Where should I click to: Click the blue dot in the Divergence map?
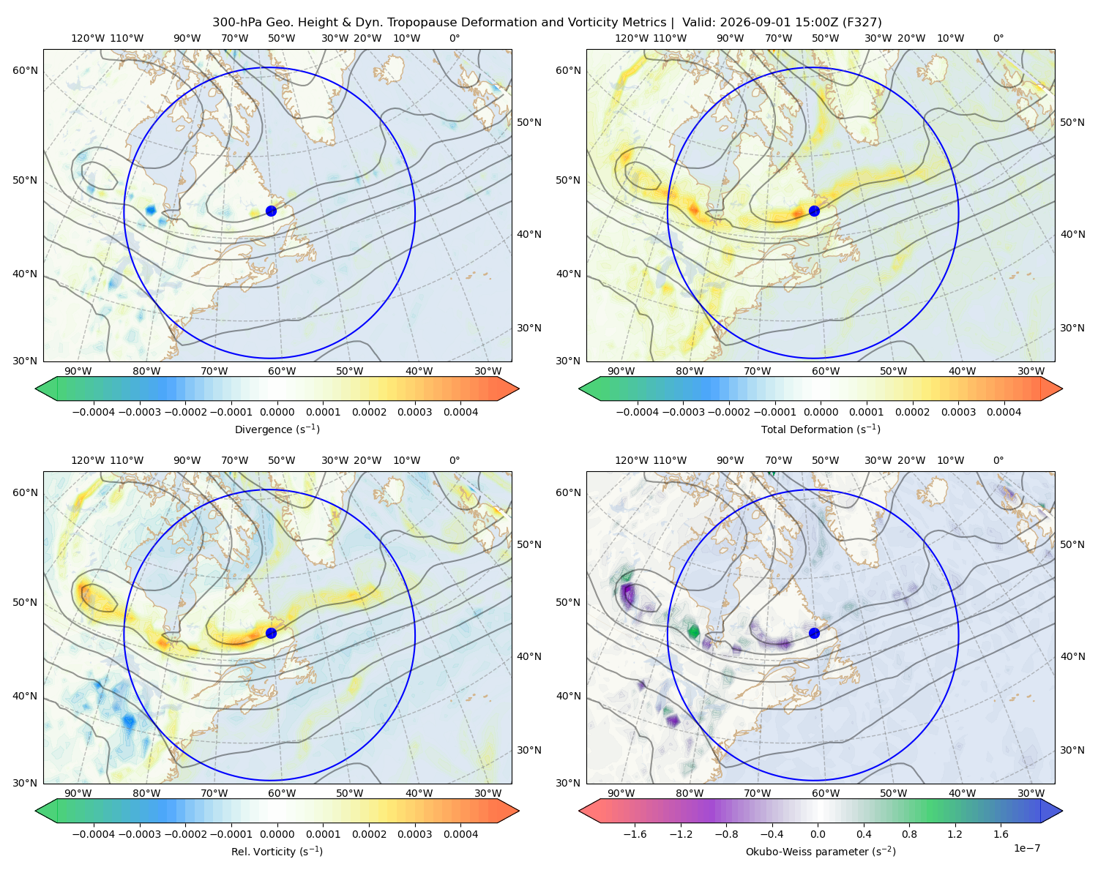point(271,211)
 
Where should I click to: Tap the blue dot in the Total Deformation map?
point(814,211)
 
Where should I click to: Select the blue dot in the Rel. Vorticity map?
point(271,633)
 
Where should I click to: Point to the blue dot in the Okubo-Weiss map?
point(814,633)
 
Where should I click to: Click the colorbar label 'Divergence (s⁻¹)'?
point(277,429)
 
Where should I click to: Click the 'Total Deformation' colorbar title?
point(807,429)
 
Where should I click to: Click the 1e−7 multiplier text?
point(1026,848)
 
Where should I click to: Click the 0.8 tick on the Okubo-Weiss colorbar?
point(909,834)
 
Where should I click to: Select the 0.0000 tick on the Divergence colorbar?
point(277,412)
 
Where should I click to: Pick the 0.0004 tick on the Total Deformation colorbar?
point(1004,412)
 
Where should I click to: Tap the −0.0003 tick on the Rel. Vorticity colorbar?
point(139,834)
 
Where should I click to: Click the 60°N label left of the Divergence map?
point(25,70)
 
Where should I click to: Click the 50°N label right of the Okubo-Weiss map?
point(1072,544)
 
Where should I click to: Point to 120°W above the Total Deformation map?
point(631,38)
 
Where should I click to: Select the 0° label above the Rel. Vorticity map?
point(455,460)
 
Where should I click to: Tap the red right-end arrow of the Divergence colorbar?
point(508,389)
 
